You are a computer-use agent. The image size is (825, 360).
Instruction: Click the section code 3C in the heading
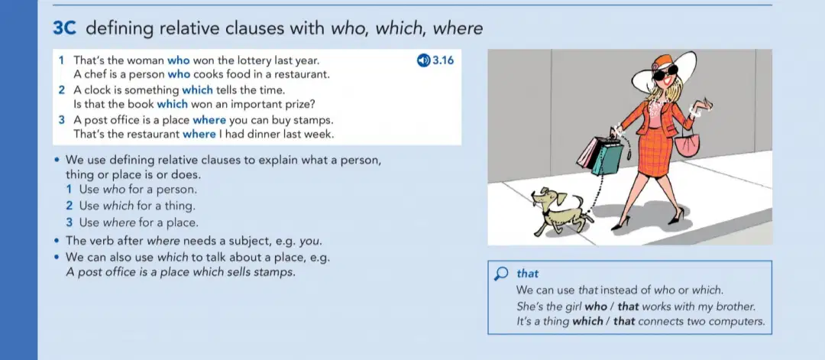pos(65,28)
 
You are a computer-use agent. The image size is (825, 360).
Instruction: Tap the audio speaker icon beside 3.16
pos(423,60)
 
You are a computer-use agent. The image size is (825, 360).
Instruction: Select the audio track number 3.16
pos(443,60)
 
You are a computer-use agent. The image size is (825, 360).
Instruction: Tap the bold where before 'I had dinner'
pos(199,135)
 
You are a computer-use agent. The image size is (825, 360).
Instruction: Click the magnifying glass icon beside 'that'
pos(502,274)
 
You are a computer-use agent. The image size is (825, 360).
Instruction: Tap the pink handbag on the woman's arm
pos(687,143)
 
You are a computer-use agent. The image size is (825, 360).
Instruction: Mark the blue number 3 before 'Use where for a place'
pos(69,222)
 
